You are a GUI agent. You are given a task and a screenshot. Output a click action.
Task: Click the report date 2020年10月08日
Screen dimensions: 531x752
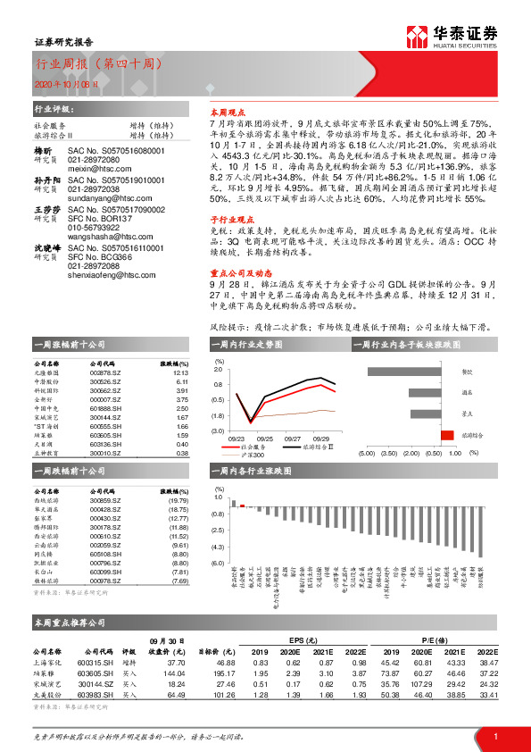pyautogui.click(x=61, y=82)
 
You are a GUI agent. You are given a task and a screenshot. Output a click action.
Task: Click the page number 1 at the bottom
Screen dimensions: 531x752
pyautogui.click(x=494, y=735)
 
